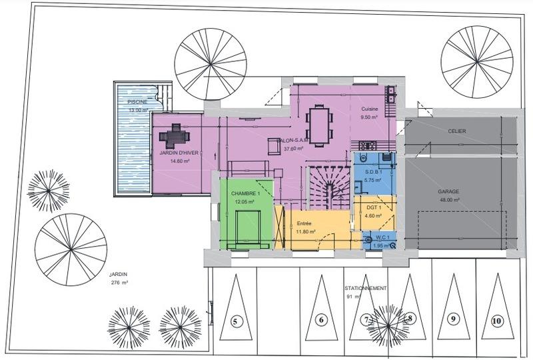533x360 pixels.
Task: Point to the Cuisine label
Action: (370, 109)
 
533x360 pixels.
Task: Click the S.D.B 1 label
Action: (373, 172)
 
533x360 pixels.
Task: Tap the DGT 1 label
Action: (373, 207)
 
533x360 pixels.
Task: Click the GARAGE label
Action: (449, 191)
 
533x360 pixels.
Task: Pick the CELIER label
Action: (457, 131)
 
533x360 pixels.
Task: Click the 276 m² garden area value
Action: (120, 283)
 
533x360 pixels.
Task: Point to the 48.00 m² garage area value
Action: (449, 199)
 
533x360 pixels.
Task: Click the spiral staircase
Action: (326, 186)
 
